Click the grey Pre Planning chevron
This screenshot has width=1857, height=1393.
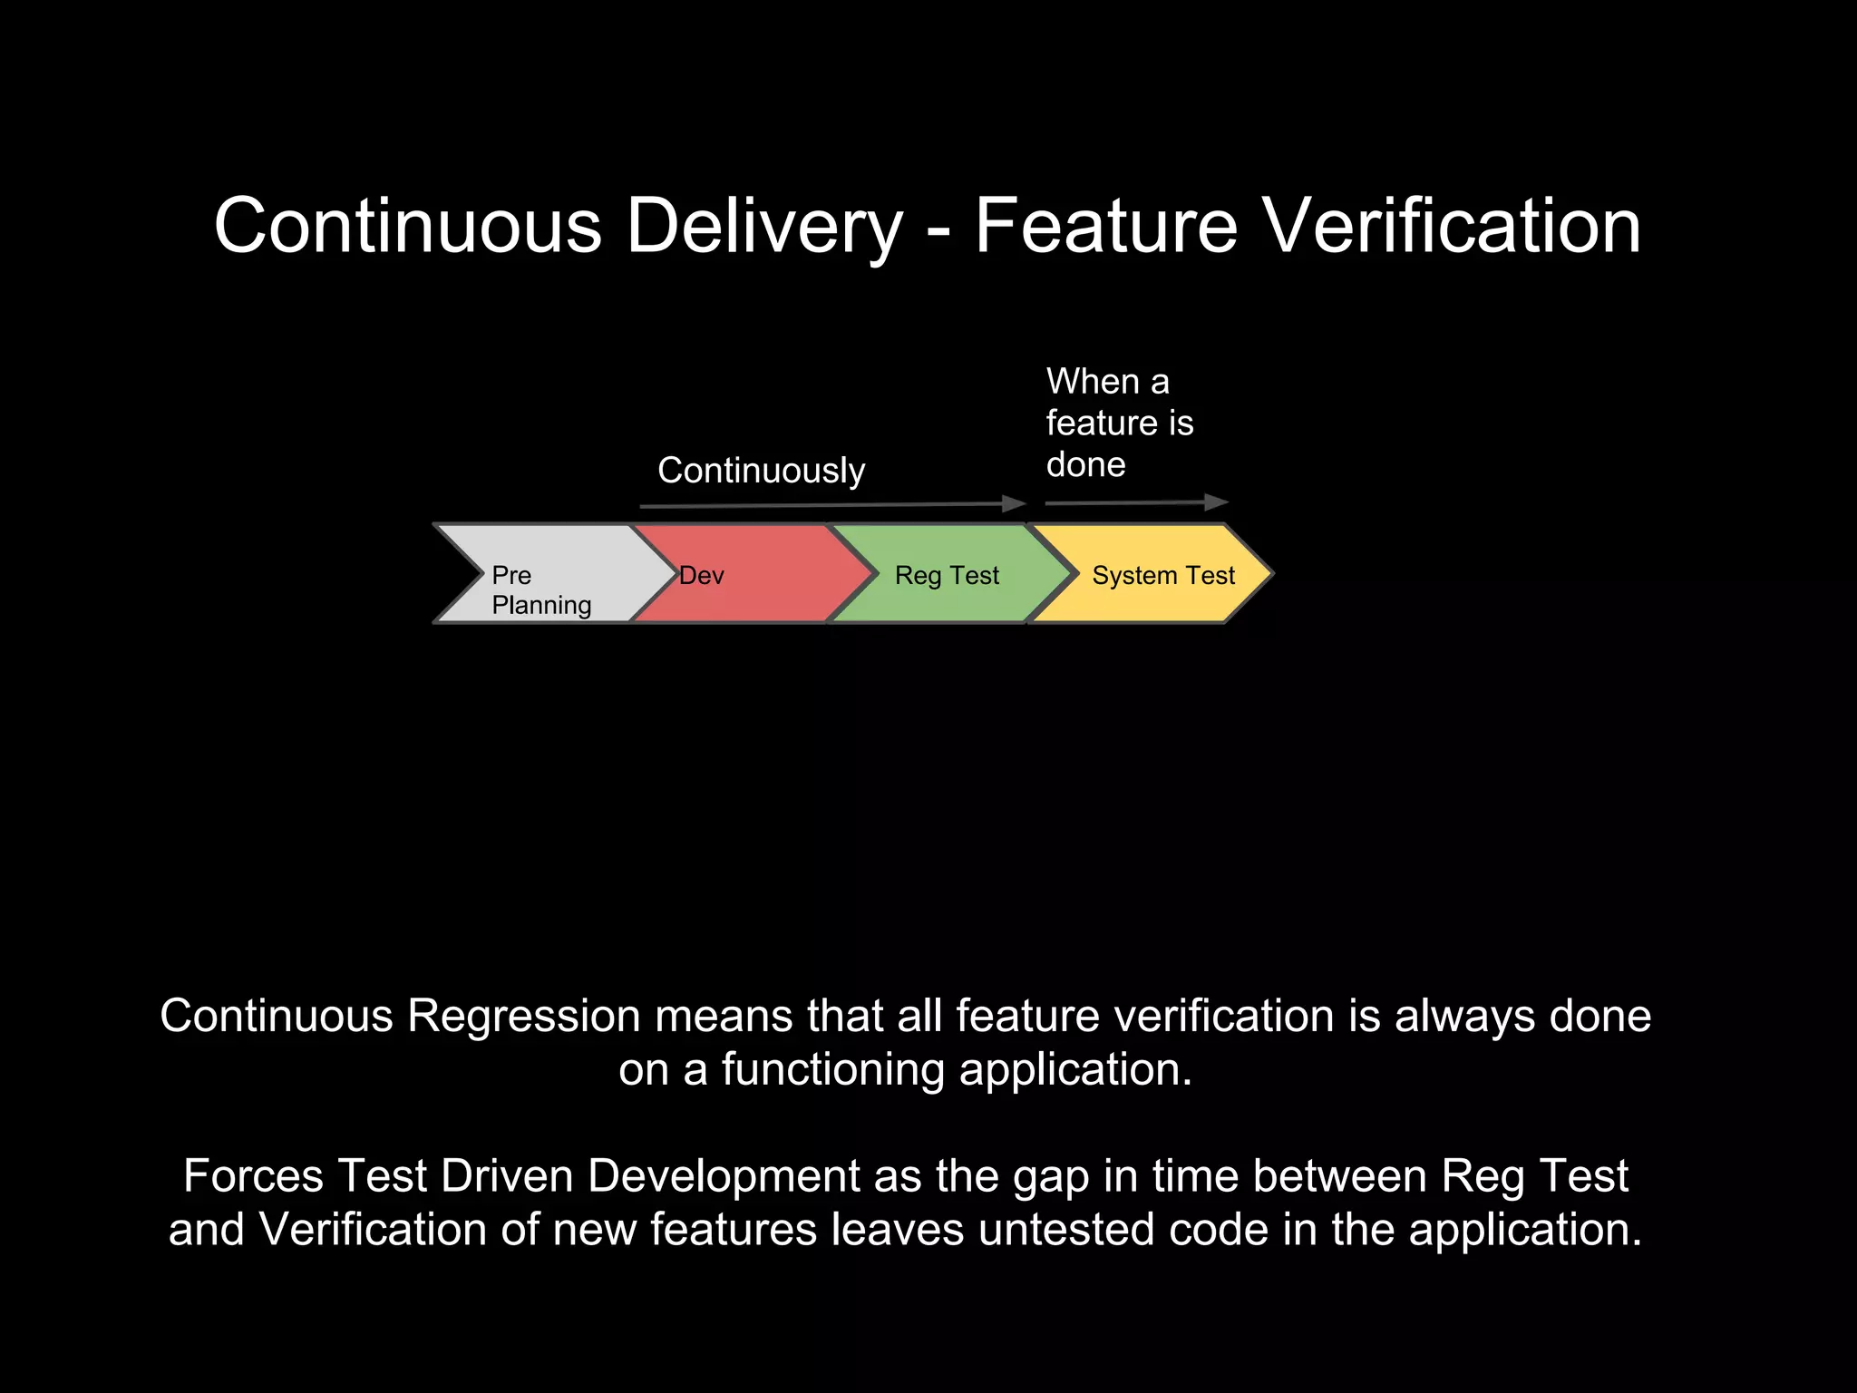[x=544, y=574]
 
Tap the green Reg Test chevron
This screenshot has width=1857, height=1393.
[x=948, y=574]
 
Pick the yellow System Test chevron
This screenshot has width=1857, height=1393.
[x=1161, y=574]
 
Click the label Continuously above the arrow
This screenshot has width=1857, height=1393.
[x=761, y=471]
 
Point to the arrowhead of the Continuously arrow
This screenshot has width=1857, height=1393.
[x=1016, y=504]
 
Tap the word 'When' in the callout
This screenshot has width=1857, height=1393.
[x=1093, y=382]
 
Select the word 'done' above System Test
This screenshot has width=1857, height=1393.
[x=1085, y=465]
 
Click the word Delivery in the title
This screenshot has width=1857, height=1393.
[x=764, y=226]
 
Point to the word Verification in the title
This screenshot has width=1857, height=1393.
[x=1452, y=226]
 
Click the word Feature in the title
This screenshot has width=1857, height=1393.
[x=1106, y=226]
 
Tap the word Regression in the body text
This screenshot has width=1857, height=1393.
[x=524, y=1016]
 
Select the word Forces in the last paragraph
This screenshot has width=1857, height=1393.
[x=253, y=1176]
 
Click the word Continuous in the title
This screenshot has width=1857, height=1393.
[x=408, y=226]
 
